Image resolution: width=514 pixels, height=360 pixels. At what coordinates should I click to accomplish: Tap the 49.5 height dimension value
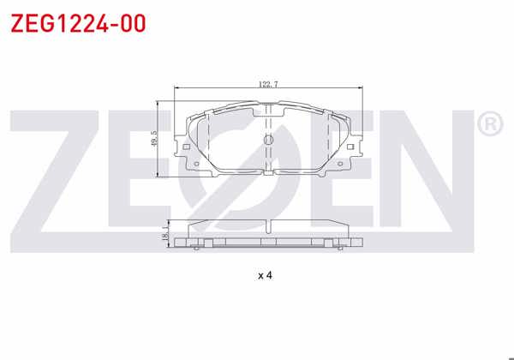click(154, 139)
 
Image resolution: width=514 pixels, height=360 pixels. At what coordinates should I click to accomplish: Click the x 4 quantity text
click(264, 275)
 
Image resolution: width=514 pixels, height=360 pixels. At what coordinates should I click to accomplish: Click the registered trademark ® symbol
click(487, 125)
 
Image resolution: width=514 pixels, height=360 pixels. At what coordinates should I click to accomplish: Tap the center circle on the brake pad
click(267, 140)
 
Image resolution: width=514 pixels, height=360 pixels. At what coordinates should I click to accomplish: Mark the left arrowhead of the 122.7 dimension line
click(176, 88)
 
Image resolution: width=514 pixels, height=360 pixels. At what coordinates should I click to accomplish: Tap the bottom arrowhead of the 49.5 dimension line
click(160, 175)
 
